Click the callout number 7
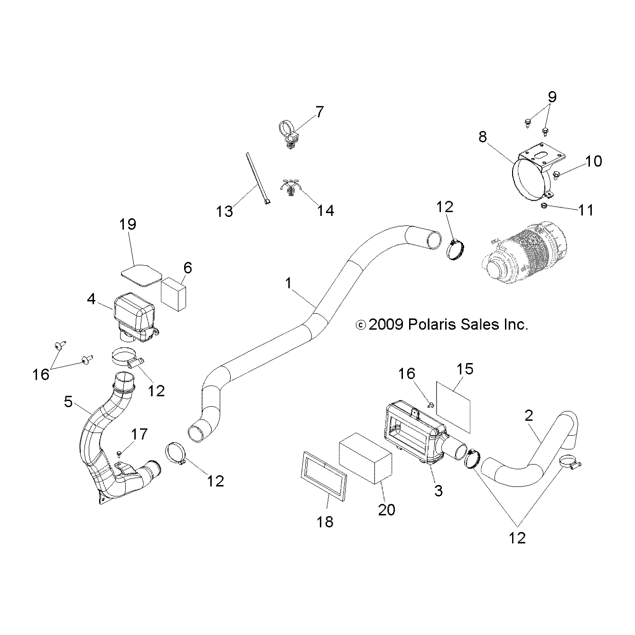tap(319, 112)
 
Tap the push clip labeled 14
tap(289, 189)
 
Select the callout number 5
tap(68, 402)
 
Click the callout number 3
tap(438, 490)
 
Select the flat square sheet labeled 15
tap(453, 409)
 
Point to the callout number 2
tap(529, 416)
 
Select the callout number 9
tap(552, 97)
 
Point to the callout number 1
tap(288, 283)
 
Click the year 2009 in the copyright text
tap(385, 325)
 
